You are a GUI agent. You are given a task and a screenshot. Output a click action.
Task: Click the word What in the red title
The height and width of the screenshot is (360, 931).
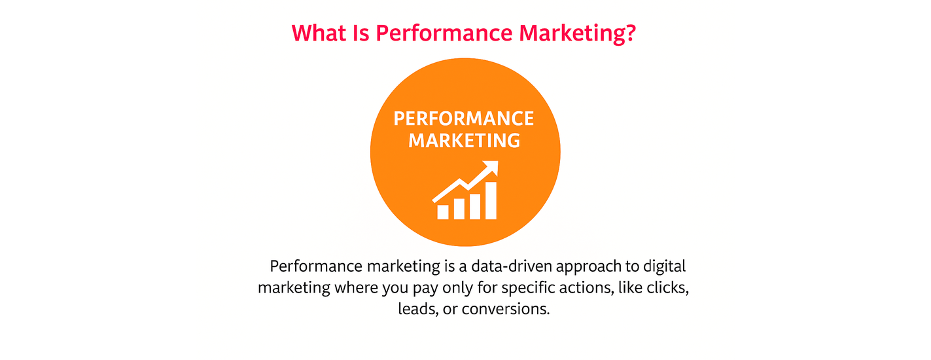coord(319,33)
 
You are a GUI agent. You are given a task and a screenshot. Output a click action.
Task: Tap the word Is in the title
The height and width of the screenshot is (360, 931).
coord(360,33)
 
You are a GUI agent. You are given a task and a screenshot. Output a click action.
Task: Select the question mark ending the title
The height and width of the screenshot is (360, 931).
coord(629,33)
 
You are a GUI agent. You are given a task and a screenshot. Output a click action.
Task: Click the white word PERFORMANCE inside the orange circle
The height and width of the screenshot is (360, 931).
coord(463,118)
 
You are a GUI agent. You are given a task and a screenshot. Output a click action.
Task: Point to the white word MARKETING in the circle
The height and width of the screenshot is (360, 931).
coord(465,141)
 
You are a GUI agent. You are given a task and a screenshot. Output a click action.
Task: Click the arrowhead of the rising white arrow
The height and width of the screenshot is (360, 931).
coord(491,168)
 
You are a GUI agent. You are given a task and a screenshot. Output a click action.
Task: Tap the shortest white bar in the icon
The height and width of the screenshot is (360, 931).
coord(443,212)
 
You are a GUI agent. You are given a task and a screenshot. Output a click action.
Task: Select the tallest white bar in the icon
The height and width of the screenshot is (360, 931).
coord(491,200)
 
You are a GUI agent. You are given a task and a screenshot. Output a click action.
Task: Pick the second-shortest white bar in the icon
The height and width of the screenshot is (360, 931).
coord(459,209)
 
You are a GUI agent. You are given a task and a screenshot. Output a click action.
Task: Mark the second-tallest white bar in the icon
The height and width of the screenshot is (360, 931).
coord(474,206)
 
